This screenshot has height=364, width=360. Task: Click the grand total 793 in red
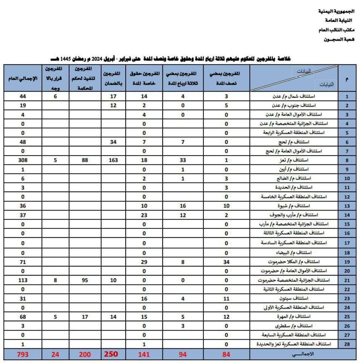pos(23,354)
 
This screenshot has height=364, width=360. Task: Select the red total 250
pos(111,354)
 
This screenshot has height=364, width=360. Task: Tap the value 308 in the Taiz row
pos(23,160)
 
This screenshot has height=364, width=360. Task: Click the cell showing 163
pos(113,160)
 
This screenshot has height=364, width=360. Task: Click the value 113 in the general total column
pos(23,280)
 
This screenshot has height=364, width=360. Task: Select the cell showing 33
pos(183,160)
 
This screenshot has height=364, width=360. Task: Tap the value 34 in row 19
pos(226,262)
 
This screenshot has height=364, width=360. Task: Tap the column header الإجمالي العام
pos(23,78)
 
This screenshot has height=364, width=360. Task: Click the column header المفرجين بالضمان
pos(113,78)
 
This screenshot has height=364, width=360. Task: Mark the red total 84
pos(226,354)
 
